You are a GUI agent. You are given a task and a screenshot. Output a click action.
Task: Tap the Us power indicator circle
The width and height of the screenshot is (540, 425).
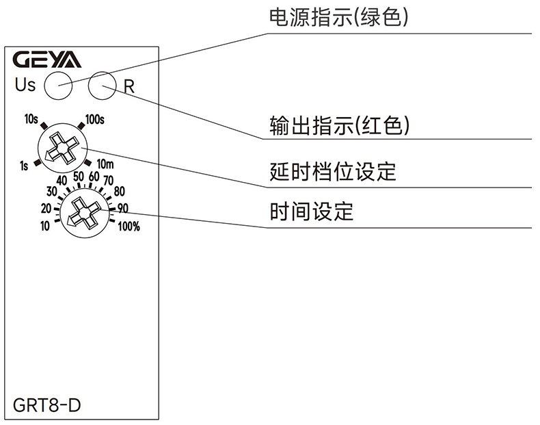coord(58,86)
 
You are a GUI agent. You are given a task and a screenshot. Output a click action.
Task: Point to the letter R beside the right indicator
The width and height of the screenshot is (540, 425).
coord(129,87)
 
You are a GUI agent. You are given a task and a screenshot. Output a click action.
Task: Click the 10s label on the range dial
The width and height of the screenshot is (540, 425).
coord(31,119)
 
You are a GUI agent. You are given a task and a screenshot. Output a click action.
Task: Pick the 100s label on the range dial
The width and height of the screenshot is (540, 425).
coord(95,120)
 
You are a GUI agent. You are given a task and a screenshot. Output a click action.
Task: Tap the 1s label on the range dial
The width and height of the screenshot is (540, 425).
coord(25,164)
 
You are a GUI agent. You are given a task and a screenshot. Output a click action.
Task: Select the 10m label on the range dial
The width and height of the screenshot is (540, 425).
coord(105,164)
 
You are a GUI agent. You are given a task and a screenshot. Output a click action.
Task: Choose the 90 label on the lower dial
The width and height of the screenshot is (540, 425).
coord(123,208)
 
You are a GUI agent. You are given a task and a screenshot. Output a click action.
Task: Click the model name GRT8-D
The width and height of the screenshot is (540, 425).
coord(46,404)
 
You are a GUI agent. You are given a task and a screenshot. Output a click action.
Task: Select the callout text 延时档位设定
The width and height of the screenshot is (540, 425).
coord(333,171)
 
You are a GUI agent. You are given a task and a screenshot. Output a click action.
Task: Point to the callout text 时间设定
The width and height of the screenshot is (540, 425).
coord(312,211)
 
